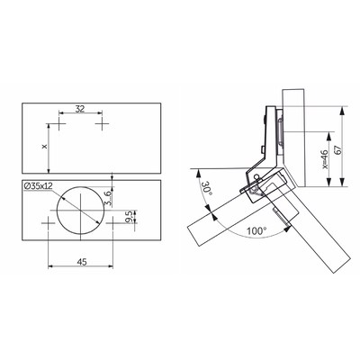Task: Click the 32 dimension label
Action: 80,108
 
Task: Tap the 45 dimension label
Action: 82,262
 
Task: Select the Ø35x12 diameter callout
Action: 38,186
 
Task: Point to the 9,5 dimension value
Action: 129,217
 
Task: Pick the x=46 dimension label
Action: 324,159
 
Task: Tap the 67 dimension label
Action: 338,149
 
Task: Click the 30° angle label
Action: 206,188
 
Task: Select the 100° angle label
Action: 256,231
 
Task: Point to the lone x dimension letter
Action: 45,147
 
